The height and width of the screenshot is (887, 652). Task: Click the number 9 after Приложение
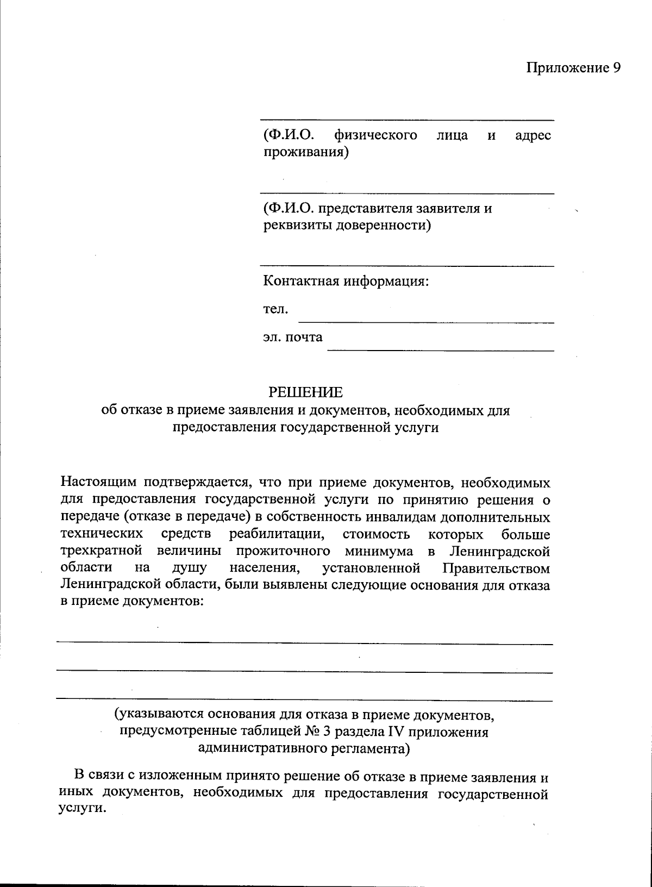pyautogui.click(x=616, y=67)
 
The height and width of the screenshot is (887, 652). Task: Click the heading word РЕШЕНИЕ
pyautogui.click(x=306, y=392)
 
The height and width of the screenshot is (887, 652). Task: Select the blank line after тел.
pyautogui.click(x=427, y=322)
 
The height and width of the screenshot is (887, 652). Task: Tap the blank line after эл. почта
pyautogui.click(x=440, y=349)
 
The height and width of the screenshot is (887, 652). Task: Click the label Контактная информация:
pyautogui.click(x=346, y=282)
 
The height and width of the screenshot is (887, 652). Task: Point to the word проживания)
pyautogui.click(x=306, y=152)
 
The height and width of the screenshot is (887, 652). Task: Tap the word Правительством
pyautogui.click(x=496, y=569)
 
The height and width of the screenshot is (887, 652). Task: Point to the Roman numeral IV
pyautogui.click(x=394, y=732)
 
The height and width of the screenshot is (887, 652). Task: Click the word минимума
pyautogui.click(x=379, y=551)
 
